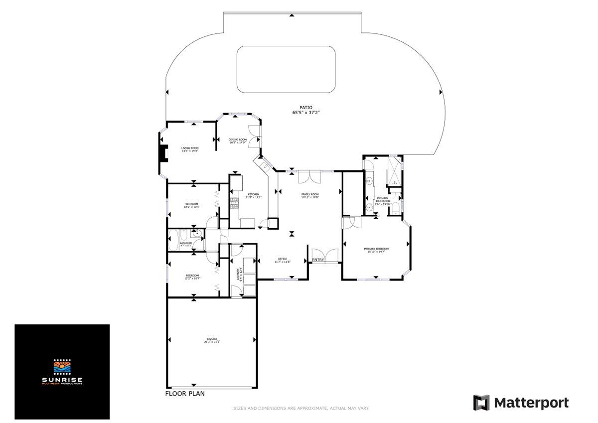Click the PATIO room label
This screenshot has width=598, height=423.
[305, 107]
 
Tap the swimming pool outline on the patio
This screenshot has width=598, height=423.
[286, 69]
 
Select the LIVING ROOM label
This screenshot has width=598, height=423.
[190, 148]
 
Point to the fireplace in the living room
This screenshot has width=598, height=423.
[162, 153]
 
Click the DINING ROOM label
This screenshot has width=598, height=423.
[238, 140]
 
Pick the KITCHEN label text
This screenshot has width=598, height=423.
[253, 194]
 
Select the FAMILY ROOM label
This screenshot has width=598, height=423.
[309, 194]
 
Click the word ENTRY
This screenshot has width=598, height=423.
[318, 260]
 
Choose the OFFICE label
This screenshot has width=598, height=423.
[282, 259]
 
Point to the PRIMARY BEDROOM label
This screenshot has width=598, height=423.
[376, 249]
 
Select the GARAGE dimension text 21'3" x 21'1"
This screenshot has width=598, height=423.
[212, 342]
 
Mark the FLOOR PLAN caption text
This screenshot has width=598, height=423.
[185, 393]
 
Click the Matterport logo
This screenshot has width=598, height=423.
[521, 402]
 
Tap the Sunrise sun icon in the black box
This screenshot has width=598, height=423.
[62, 368]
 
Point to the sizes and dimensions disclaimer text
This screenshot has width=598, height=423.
[301, 409]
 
